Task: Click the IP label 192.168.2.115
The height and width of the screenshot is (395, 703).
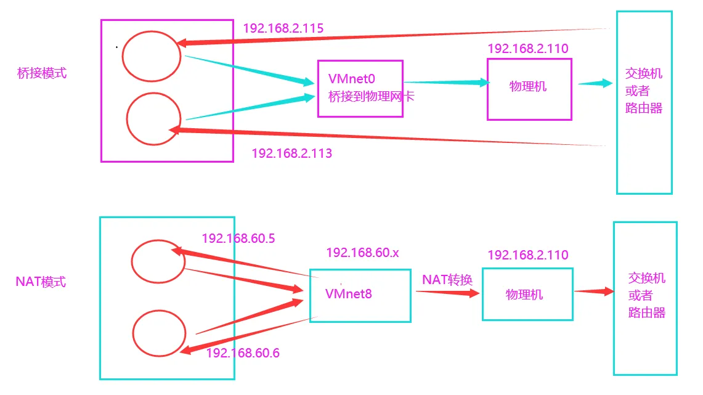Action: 283,28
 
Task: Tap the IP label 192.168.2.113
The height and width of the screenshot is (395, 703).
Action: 291,153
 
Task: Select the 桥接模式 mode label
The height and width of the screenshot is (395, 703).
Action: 42,73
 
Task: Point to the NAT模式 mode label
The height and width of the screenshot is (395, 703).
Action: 41,282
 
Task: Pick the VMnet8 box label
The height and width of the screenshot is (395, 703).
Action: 349,294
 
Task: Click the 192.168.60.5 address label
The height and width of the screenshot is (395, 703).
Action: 238,238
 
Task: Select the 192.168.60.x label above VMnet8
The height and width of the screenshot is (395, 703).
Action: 363,253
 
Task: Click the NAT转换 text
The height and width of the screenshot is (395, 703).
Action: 447,280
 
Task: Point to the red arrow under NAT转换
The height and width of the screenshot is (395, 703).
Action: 447,293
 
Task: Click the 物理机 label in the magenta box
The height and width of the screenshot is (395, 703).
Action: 528,86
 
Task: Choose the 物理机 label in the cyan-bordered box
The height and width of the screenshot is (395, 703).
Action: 524,295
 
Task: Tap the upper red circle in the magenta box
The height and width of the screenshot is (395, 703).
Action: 151,56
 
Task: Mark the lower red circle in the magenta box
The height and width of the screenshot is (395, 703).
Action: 153,119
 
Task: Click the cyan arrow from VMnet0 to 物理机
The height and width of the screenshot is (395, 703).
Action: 445,82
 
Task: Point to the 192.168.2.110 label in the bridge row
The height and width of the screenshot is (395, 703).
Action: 527,49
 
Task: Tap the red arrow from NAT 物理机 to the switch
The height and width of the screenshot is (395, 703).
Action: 594,291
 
